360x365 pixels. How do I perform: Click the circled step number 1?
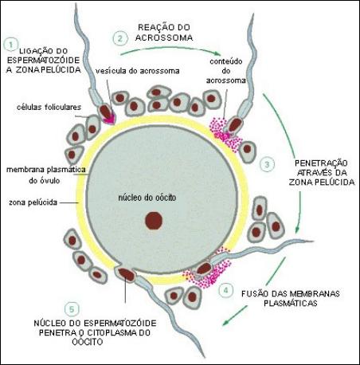click(11, 45)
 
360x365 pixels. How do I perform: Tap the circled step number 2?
click(119, 38)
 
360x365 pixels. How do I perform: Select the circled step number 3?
click(267, 164)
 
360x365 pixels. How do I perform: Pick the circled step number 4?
click(225, 290)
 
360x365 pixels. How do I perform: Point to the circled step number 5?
click(72, 309)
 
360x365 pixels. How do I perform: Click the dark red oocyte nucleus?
click(154, 221)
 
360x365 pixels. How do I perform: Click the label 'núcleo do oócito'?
click(147, 198)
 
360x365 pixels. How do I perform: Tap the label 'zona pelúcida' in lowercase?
click(33, 202)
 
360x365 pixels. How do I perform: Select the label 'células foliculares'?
click(49, 107)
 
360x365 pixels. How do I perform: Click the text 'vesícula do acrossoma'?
click(138, 71)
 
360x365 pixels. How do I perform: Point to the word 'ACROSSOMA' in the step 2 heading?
click(164, 37)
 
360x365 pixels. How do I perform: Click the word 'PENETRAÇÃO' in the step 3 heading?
click(321, 163)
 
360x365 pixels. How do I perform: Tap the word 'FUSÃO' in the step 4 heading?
click(255, 293)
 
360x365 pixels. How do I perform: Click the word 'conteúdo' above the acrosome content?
click(226, 61)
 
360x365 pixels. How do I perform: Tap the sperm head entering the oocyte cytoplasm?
click(126, 274)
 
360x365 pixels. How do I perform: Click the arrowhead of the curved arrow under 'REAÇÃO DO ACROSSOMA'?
click(217, 54)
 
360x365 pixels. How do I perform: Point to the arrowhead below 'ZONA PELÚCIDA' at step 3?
click(297, 230)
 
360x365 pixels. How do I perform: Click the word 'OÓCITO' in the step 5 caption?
click(88, 342)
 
